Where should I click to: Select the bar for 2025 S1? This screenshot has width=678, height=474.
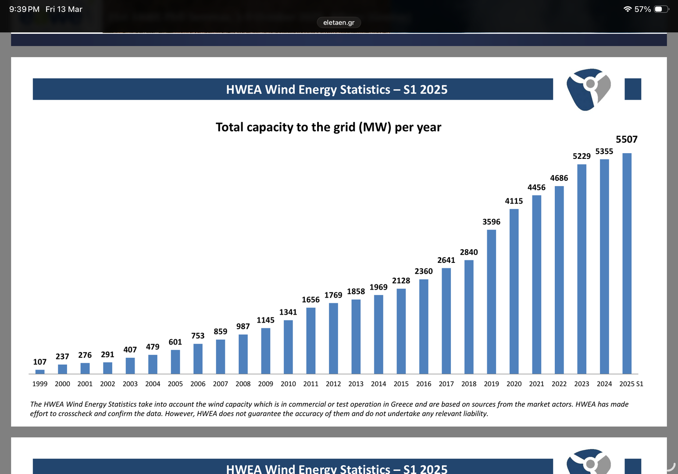point(627,263)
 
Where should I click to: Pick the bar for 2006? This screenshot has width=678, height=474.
point(198,359)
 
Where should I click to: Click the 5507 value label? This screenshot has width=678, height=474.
point(626,140)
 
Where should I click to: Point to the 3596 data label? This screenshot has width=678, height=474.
point(491,222)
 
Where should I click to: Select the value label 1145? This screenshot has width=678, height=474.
point(265,320)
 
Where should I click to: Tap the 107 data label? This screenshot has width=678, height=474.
point(39,362)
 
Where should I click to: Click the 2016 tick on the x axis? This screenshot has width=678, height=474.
point(424,384)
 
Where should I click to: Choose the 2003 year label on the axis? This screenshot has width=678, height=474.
point(130,384)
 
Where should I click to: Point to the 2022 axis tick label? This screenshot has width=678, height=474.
point(559,384)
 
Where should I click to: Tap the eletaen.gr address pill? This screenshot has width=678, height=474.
point(339,22)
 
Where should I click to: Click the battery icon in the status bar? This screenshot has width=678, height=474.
point(661,9)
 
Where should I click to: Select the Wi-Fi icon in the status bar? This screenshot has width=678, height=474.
point(628,9)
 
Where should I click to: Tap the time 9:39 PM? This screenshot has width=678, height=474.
point(24,9)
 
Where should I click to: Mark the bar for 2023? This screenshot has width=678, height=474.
point(582,269)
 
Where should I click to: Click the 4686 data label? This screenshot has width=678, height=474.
point(559,178)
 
